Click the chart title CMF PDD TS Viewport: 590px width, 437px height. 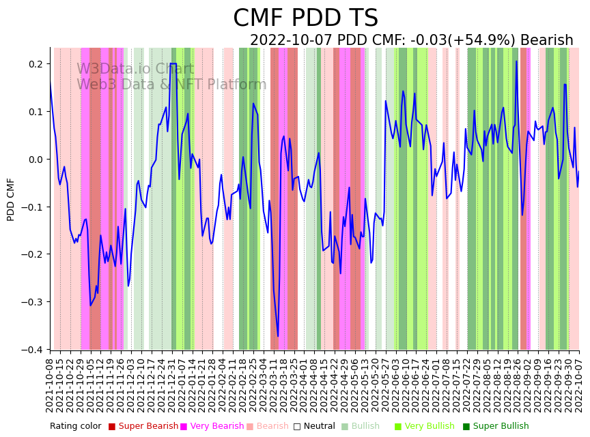pyautogui.click(x=305, y=18)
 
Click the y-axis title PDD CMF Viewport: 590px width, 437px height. pyautogui.click(x=11, y=199)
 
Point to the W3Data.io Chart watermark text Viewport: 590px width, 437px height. pyautogui.click(x=135, y=69)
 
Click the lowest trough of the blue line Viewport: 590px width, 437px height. pyautogui.click(x=277, y=336)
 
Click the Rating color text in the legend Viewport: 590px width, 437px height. pyautogui.click(x=75, y=426)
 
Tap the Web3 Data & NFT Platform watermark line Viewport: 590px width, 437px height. pyautogui.click(x=171, y=85)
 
